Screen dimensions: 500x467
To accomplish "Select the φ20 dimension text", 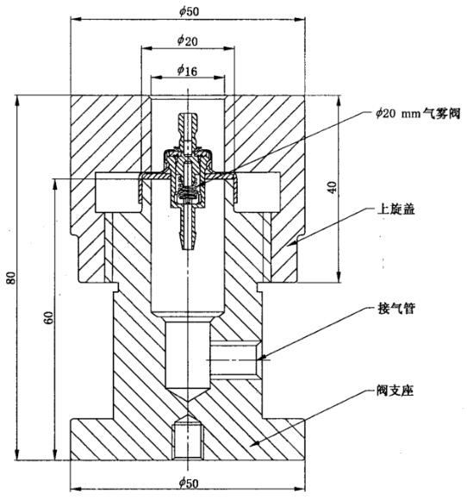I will click(x=186, y=40).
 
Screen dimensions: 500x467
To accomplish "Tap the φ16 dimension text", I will click(x=186, y=70).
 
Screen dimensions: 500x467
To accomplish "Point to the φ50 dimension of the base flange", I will click(x=186, y=480).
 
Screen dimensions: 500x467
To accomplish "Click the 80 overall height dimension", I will click(x=11, y=278).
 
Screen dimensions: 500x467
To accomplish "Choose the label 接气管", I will click(x=395, y=309).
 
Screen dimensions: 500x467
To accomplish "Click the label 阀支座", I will click(x=395, y=390).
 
